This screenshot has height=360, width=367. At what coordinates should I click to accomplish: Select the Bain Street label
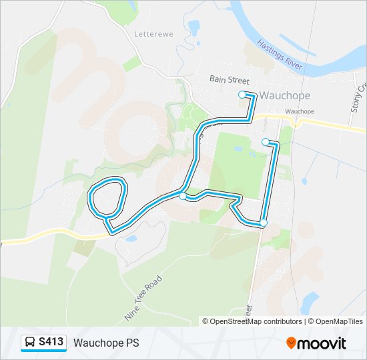[x=229, y=79]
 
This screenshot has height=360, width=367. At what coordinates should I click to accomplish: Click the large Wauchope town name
[x=284, y=95]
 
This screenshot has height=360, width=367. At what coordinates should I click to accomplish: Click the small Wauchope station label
[x=299, y=111]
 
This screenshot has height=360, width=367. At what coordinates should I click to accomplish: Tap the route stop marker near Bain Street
[x=242, y=95]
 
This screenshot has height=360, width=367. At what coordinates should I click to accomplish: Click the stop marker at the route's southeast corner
[x=264, y=223]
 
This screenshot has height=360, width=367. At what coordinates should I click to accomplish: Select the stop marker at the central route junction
[x=182, y=195]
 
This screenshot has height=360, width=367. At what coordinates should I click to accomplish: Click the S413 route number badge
[x=51, y=343]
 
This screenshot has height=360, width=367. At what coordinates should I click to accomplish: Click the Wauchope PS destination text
[x=107, y=343]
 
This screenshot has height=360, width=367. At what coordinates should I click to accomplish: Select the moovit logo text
[x=323, y=343]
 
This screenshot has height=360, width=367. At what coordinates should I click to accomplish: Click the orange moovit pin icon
[x=292, y=343]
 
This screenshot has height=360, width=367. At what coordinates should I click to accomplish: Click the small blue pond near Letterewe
[x=194, y=27]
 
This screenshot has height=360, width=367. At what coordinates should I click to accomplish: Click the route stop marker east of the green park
[x=266, y=141]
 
